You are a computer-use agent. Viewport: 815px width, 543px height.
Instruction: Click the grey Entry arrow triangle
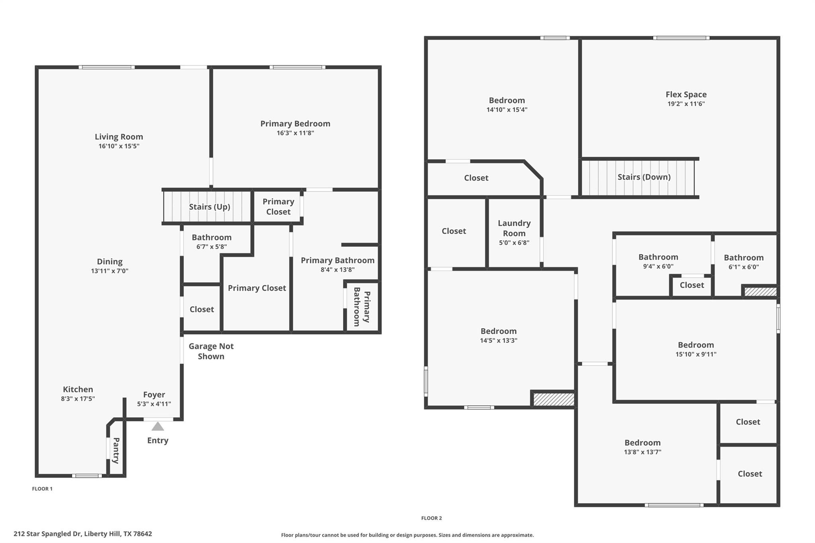(x=158, y=427)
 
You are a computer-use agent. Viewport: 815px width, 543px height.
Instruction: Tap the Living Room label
(x=119, y=137)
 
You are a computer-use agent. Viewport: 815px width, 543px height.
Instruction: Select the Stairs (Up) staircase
(x=207, y=207)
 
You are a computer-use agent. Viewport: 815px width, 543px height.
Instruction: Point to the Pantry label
(x=116, y=450)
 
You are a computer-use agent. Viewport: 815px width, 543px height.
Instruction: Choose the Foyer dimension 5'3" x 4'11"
(x=154, y=404)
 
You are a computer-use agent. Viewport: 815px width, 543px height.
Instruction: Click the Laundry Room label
(x=514, y=228)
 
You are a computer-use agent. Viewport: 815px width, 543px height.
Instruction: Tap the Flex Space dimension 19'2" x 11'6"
(x=686, y=104)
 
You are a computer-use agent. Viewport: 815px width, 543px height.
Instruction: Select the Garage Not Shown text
(x=211, y=351)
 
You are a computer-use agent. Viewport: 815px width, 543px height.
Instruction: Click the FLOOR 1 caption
(x=42, y=489)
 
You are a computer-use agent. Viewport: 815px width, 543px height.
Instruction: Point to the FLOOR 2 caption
(x=431, y=518)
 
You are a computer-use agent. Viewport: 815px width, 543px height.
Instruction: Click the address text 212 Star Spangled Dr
(x=82, y=534)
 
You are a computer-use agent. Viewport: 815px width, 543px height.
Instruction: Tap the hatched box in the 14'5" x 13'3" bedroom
(x=554, y=399)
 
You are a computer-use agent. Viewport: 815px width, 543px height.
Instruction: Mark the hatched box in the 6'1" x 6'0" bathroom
(x=760, y=292)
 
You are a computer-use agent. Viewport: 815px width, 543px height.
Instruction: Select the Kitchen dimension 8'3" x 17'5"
(x=78, y=399)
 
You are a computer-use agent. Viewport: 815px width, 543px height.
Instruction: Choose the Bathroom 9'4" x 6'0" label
(x=658, y=257)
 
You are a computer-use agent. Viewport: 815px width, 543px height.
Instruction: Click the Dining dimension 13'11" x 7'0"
(x=109, y=271)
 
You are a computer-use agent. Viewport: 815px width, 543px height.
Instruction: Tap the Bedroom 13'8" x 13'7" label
(x=642, y=443)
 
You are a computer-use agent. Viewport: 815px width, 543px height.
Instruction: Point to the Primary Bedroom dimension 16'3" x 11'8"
(x=295, y=133)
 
